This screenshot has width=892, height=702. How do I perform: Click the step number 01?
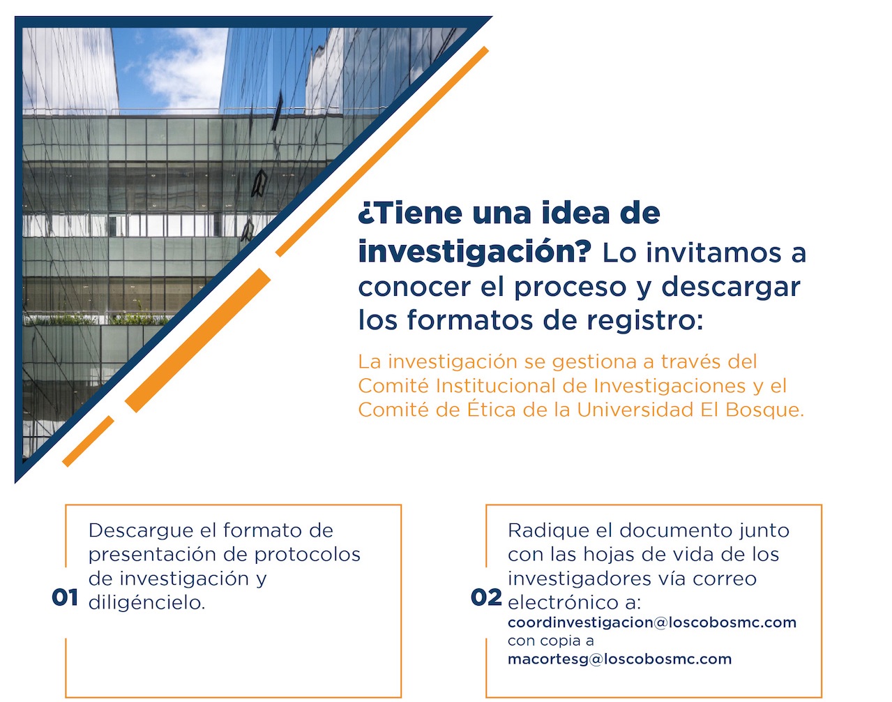point(65,598)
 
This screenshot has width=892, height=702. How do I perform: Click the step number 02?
point(486,598)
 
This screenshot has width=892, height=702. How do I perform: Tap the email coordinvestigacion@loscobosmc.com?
point(651,622)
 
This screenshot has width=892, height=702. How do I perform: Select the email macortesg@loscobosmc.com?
point(620,659)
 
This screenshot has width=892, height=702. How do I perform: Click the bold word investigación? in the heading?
point(475,252)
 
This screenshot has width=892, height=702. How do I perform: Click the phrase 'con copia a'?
point(550,641)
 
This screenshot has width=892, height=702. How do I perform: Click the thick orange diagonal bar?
point(197,341)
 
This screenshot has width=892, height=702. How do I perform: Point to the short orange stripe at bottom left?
point(89,441)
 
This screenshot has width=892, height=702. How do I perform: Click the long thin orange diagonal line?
point(382,152)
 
